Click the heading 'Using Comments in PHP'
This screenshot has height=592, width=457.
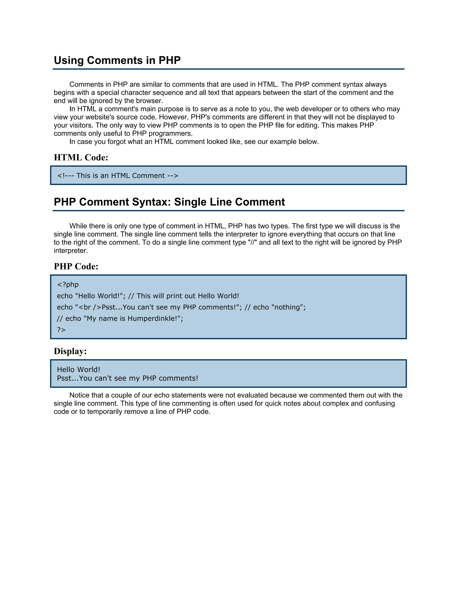click(x=117, y=60)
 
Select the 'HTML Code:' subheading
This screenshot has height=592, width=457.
click(x=81, y=157)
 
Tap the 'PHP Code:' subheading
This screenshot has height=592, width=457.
click(x=76, y=266)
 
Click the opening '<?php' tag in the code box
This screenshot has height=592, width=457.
click(x=68, y=285)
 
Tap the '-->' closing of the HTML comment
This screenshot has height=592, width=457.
click(x=173, y=176)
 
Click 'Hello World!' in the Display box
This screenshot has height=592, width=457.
click(x=79, y=369)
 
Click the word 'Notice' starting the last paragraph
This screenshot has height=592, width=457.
click(x=80, y=395)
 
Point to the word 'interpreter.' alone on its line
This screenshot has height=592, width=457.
click(x=71, y=250)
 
